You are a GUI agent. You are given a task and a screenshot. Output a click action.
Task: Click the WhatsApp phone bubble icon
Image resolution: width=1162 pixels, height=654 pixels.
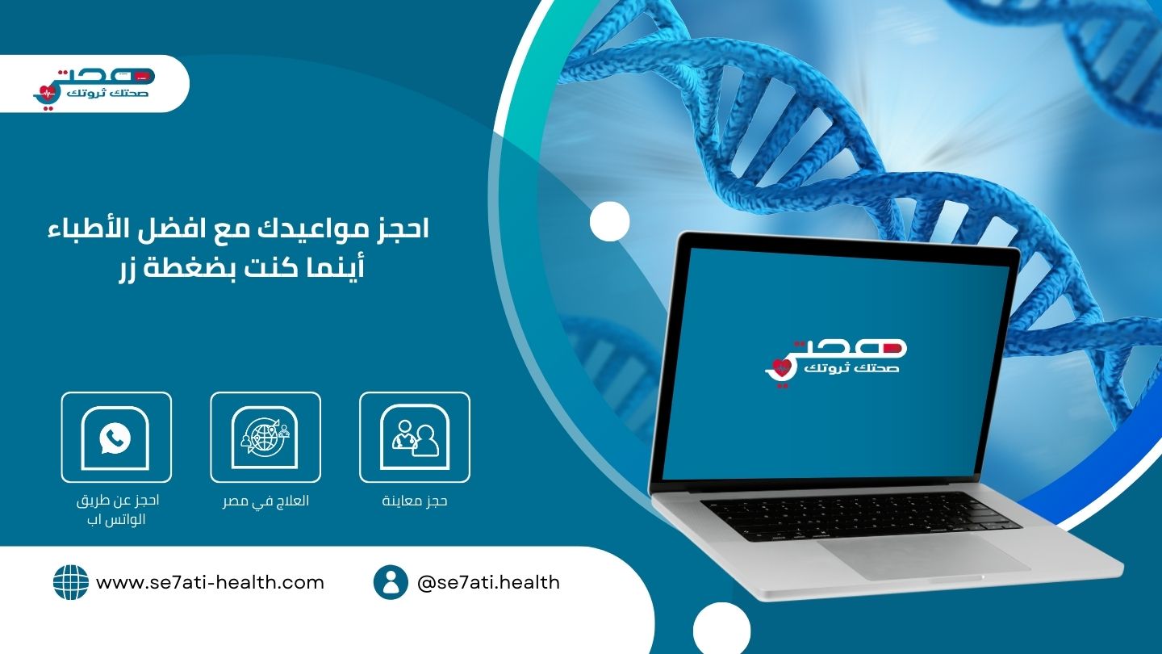[x=115, y=438]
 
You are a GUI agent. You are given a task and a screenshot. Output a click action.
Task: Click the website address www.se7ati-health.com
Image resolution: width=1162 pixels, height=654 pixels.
[x=210, y=582]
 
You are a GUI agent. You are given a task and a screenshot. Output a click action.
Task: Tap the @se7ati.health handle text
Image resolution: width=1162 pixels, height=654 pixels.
[x=489, y=582]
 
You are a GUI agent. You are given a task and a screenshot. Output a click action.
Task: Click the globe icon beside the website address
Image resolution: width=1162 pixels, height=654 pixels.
[x=71, y=582]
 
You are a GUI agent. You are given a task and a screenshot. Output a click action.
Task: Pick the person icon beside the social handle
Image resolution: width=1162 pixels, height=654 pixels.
[x=391, y=582]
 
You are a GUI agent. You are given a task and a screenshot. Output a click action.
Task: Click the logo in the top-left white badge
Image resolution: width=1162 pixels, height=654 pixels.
[x=94, y=88]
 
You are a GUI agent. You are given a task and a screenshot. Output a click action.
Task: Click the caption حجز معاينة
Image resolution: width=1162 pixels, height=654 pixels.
[x=415, y=501]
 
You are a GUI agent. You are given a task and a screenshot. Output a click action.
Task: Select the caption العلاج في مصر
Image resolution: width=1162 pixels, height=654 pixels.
[x=265, y=501]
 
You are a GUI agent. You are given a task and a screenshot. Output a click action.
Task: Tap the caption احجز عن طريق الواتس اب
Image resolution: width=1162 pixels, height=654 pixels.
[x=117, y=509]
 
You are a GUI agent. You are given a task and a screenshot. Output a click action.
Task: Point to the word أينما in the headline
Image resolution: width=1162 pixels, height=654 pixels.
[x=335, y=267]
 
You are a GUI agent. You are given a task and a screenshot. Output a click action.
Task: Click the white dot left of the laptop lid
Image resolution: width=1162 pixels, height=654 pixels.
[x=609, y=221]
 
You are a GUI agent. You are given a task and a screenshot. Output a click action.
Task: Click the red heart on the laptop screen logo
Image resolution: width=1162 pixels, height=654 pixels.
[x=780, y=367]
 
